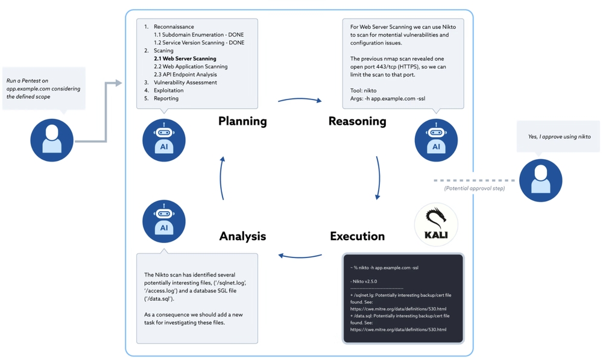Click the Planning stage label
(x=242, y=121)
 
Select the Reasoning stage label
(x=357, y=121)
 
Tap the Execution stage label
(x=357, y=236)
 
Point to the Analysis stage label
(x=242, y=236)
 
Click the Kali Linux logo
(x=436, y=224)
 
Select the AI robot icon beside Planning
(x=163, y=140)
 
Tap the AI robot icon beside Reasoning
(x=436, y=140)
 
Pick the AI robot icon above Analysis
(x=163, y=221)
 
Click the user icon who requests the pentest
(x=52, y=140)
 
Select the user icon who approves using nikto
(x=540, y=180)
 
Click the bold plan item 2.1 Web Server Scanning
(x=185, y=59)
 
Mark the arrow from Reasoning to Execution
(x=379, y=178)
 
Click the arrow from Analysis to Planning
(x=223, y=178)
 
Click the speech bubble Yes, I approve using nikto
(x=559, y=137)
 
